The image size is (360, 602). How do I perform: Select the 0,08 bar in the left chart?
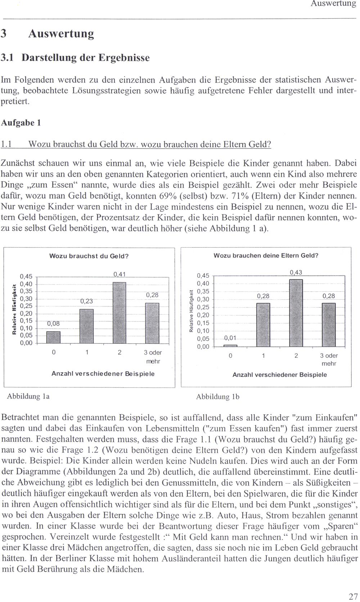[x=53, y=337]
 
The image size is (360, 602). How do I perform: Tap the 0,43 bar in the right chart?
[x=296, y=313]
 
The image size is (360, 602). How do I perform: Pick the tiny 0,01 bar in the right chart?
[x=230, y=345]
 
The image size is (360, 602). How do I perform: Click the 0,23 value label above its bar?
[x=86, y=301]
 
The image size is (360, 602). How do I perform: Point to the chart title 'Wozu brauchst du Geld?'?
[x=89, y=256]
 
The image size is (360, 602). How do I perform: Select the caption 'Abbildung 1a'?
[x=28, y=396]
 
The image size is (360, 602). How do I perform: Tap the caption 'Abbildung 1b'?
[x=218, y=397]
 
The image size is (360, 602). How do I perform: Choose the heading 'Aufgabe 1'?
[x=21, y=123]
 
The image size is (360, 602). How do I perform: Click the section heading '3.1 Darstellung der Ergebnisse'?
[x=75, y=58]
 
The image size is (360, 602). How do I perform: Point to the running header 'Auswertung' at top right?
[x=333, y=4]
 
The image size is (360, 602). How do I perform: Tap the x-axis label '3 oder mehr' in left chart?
[x=152, y=356]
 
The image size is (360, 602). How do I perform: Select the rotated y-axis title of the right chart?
[x=191, y=311]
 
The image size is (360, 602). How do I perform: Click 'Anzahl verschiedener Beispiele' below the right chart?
[x=280, y=374]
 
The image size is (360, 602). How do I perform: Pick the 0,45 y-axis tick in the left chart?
[x=26, y=277]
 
